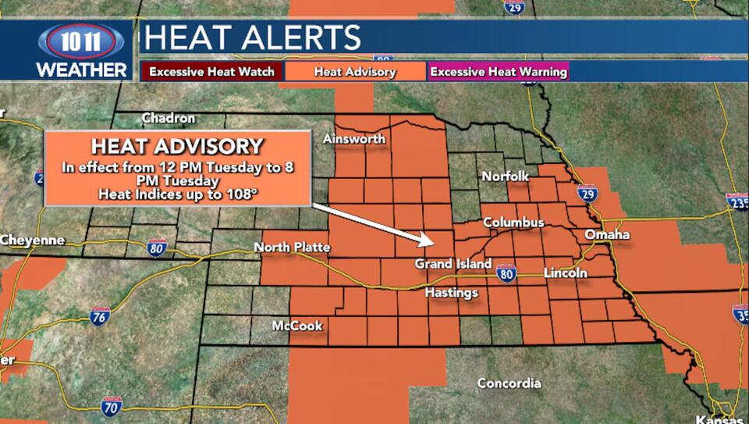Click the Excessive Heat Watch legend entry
coord(211,72)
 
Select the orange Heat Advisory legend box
coord(355,72)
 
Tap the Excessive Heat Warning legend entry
coord(499,72)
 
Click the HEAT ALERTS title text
coord(254,37)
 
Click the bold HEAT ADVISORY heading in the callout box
coord(177,146)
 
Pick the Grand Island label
coord(453,264)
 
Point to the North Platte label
coord(292,248)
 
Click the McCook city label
coord(297,326)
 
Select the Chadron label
coord(168,118)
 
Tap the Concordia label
coord(509,383)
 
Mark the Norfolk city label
coord(505,176)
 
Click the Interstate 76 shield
coord(100,316)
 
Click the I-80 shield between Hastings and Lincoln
coord(506,273)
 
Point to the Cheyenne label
coord(32,240)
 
